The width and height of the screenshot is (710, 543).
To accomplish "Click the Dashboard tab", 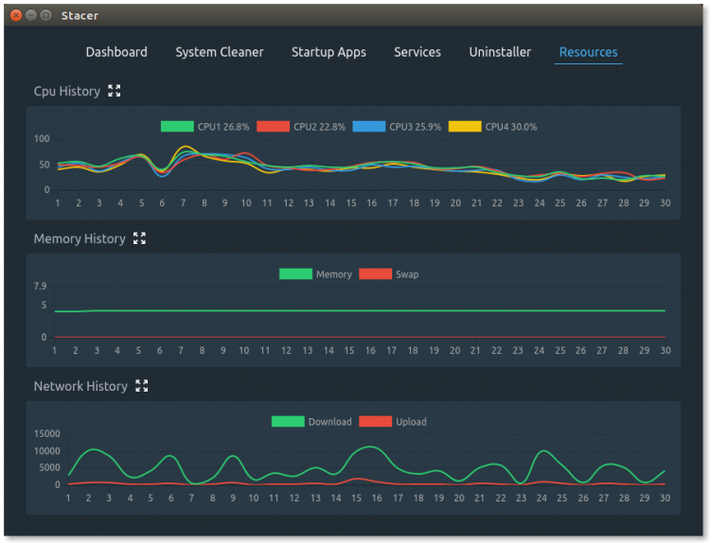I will (116, 52).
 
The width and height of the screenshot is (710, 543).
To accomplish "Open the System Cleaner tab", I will (220, 52).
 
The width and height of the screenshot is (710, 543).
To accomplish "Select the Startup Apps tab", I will (328, 52).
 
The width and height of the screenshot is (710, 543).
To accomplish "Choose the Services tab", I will (417, 52).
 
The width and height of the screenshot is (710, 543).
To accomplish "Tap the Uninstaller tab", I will (500, 52).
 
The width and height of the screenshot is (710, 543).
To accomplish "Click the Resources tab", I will (588, 52).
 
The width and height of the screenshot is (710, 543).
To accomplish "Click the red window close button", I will (15, 15).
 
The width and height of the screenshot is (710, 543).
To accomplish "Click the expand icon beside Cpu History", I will (115, 91).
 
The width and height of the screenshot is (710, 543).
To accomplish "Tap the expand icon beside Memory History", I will (140, 238).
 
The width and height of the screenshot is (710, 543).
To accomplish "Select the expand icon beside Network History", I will (142, 386).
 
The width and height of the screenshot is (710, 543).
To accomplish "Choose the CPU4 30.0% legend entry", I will (492, 127).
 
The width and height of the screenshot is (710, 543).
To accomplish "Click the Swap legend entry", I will (389, 274).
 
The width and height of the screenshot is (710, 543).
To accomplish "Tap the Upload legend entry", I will (392, 422).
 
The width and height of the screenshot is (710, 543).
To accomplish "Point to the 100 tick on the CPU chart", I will (41, 139).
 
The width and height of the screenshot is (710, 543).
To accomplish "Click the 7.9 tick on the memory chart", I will (40, 287).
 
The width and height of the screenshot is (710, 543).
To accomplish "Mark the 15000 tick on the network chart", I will (46, 434).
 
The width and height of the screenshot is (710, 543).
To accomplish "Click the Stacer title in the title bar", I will (80, 15).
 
